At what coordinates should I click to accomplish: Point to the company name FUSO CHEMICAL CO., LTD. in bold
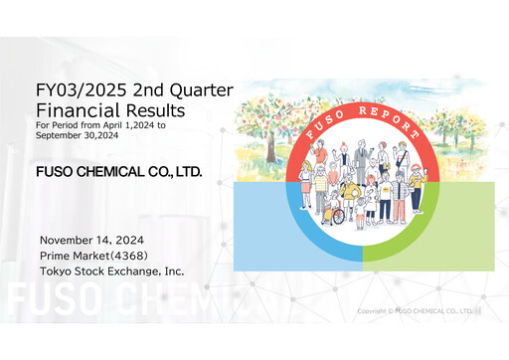[118, 173]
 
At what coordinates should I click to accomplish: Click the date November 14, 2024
[91, 241]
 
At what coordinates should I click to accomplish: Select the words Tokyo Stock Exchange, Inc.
[111, 270]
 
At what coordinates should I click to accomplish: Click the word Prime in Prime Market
[57, 256]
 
